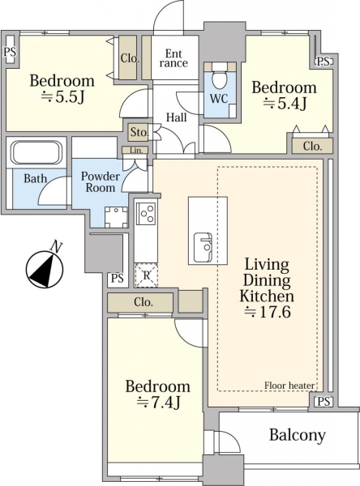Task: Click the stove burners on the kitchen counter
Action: (x=147, y=214)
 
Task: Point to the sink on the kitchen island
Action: (x=203, y=248)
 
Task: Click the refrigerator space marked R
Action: (x=147, y=275)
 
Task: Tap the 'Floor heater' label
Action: (x=289, y=386)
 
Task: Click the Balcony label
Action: (x=298, y=435)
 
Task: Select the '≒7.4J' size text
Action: (x=159, y=403)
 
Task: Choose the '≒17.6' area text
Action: (x=268, y=312)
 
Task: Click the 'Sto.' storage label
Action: (x=139, y=132)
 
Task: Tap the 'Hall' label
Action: (x=176, y=117)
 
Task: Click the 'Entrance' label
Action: (x=174, y=58)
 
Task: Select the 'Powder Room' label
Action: (x=101, y=182)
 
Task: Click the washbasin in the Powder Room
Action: (x=116, y=216)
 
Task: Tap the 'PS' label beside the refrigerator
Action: (x=118, y=279)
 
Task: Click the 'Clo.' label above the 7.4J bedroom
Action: (x=144, y=302)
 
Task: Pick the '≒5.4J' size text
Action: (x=285, y=103)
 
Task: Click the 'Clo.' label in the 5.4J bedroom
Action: (x=312, y=147)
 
